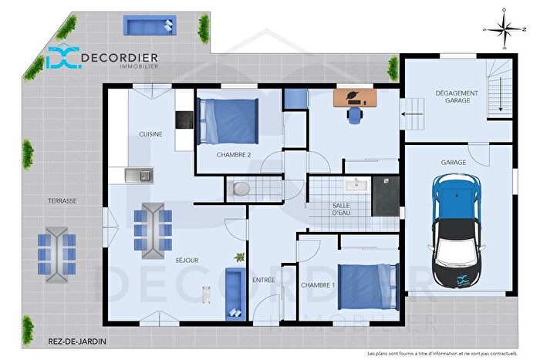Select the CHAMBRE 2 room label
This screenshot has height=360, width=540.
[233, 155]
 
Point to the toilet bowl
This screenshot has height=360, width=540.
[240, 188]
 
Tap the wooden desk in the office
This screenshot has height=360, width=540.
[356, 98]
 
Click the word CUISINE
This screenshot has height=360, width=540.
[150, 134]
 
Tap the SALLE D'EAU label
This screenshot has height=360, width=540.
[342, 209]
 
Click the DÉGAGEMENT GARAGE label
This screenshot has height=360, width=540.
[457, 97]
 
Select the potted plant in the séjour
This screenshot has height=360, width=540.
[240, 256]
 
